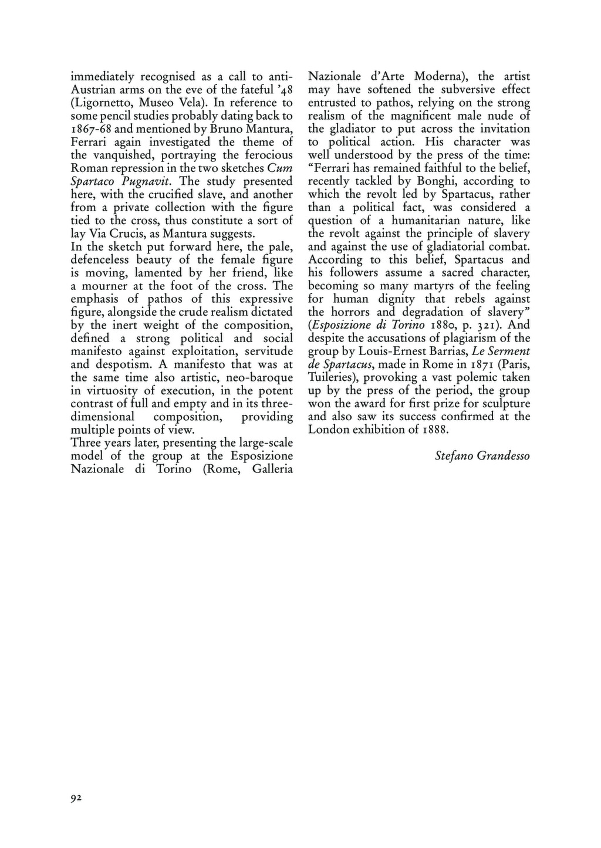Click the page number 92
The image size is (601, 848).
coord(75,798)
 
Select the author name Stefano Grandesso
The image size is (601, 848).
coord(482,456)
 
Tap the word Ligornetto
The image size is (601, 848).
coord(103,102)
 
